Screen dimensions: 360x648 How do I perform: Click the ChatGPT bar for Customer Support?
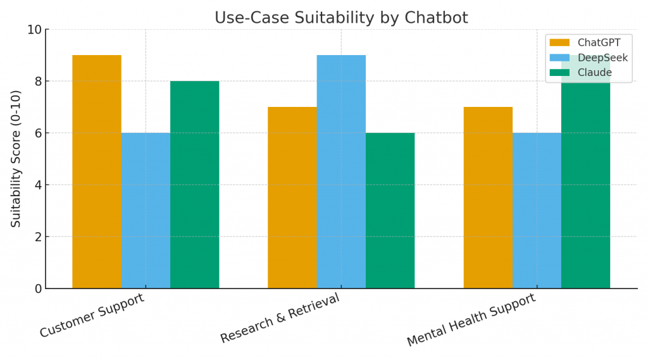click(x=96, y=171)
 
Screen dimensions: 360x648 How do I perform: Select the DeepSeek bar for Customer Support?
click(x=146, y=211)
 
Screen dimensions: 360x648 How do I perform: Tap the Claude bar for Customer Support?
click(x=194, y=185)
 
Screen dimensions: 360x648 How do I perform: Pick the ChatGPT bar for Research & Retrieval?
click(x=292, y=197)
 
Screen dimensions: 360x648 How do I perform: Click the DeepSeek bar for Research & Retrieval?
click(x=341, y=171)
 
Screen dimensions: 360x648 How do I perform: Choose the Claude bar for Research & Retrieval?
click(x=390, y=211)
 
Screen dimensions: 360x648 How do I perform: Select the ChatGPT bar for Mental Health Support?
click(x=488, y=197)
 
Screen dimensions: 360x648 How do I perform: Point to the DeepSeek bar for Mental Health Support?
click(x=537, y=211)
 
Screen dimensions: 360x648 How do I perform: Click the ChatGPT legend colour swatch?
click(x=559, y=43)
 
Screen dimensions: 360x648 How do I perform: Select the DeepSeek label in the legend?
click(x=602, y=58)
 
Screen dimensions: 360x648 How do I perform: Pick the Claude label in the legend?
click(x=595, y=73)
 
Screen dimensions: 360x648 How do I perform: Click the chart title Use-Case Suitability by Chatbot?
click(x=341, y=18)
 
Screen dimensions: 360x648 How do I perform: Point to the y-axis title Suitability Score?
click(x=16, y=159)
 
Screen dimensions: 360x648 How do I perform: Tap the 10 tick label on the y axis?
click(x=34, y=30)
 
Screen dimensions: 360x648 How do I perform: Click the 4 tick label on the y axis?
click(x=37, y=185)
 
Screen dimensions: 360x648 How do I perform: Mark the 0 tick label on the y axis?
click(x=37, y=289)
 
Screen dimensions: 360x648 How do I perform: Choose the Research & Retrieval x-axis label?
click(x=280, y=318)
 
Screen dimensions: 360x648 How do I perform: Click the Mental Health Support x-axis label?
click(x=471, y=320)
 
